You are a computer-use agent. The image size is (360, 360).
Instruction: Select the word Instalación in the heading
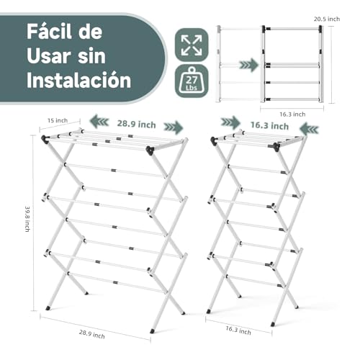[78, 79]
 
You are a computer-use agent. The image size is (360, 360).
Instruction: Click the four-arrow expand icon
[192, 44]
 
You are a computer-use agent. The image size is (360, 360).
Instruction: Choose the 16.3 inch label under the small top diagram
[289, 113]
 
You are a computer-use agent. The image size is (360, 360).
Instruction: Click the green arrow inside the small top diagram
[248, 65]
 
